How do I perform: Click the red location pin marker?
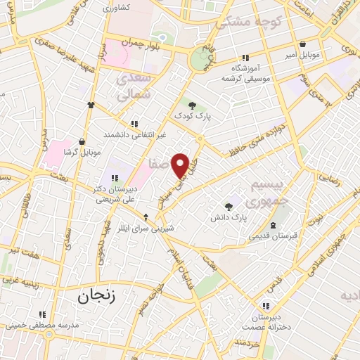[x=181, y=165]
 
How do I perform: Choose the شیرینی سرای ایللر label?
[x=144, y=228]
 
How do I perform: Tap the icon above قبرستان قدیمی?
[x=273, y=224]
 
